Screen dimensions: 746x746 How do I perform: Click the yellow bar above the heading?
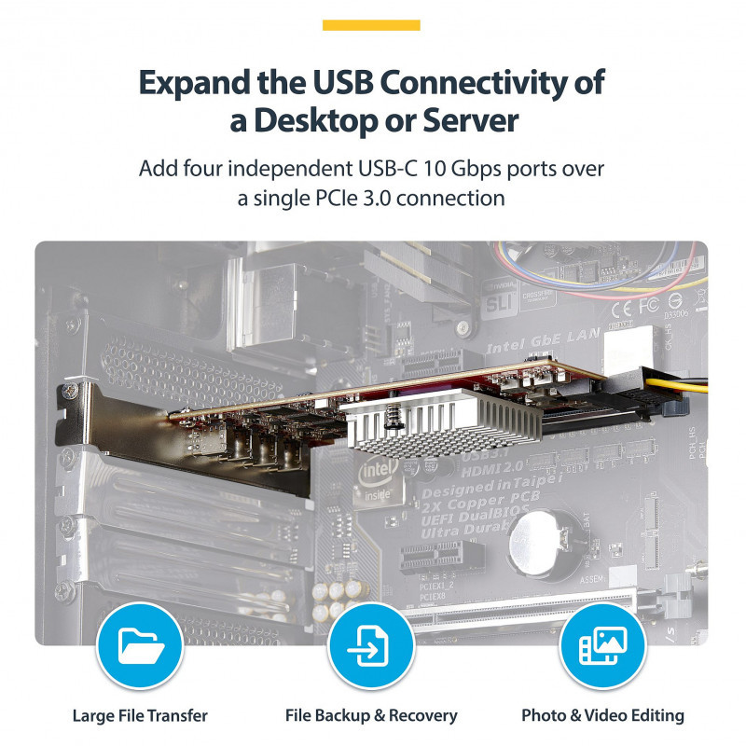coord(371,25)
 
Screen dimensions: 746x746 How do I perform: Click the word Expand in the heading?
coord(192,83)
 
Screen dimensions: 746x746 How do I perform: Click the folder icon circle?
coord(139,645)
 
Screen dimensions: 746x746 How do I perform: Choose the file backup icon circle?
coord(370,645)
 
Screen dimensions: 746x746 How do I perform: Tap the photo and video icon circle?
coord(601,645)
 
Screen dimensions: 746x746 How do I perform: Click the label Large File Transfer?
coord(140,716)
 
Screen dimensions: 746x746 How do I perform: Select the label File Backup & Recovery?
coord(371,716)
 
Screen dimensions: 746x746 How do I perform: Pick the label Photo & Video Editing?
coord(602,716)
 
